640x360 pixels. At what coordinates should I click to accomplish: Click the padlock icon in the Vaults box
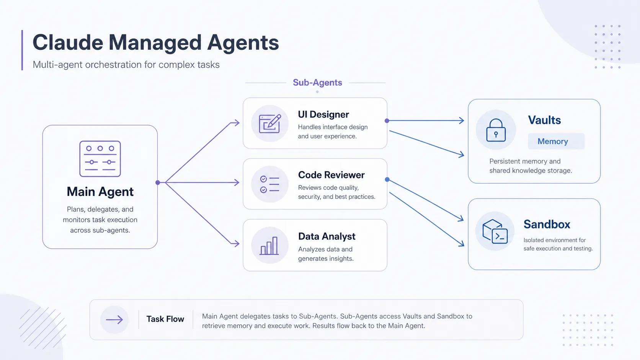point(496,130)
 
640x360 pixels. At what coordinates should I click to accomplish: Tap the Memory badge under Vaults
point(556,141)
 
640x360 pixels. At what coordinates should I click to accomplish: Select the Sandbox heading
point(547,225)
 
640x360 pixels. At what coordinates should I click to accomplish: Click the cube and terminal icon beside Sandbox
point(495,231)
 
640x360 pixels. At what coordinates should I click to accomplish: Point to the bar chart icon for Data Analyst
point(269,246)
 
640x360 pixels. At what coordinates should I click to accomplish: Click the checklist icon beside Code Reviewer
point(269,184)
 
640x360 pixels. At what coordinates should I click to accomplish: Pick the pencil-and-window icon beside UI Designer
point(270,123)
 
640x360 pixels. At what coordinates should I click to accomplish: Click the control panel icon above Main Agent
point(100,159)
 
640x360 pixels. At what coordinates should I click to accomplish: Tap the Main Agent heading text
point(100,192)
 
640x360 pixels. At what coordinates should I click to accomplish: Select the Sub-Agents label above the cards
point(317,83)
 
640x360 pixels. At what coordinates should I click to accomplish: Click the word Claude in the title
point(68,42)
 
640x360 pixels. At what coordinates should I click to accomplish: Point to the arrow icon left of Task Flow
point(114,320)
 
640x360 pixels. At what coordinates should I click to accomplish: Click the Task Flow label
point(165,319)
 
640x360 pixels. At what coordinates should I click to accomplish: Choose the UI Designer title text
point(323,114)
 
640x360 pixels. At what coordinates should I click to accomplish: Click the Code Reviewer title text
point(331,175)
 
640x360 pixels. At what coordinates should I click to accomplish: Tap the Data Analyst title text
point(327,236)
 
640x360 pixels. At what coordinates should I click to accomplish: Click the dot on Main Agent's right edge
point(158,182)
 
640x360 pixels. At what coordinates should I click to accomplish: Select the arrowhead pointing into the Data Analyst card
point(235,244)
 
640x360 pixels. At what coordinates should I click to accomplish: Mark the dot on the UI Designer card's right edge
point(387,121)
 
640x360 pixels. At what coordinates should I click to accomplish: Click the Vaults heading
point(544,120)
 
